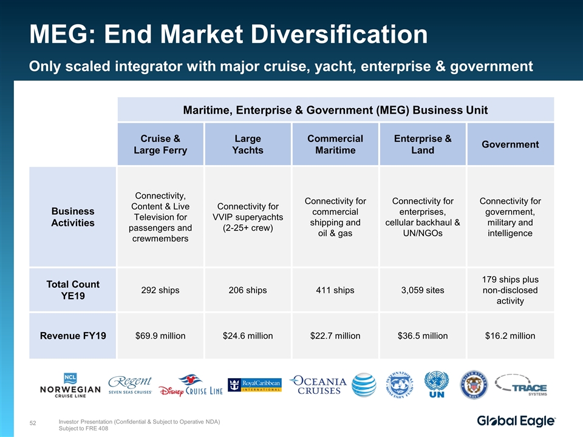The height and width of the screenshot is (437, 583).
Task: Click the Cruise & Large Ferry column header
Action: tap(160, 144)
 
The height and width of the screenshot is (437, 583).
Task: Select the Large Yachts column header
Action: tap(248, 144)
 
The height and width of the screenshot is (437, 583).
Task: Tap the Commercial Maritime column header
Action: tap(335, 144)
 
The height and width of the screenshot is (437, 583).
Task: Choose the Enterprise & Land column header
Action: tap(423, 144)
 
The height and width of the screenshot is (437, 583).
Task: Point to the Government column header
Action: tap(510, 144)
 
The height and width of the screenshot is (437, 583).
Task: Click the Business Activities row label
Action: tap(73, 217)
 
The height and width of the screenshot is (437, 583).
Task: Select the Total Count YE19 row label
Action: tap(73, 290)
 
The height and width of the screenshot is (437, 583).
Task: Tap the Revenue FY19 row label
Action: tap(73, 336)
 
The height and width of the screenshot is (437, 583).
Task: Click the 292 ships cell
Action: tap(160, 290)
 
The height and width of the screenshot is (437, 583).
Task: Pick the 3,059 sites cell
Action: tap(423, 290)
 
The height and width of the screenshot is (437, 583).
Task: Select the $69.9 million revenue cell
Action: tap(160, 336)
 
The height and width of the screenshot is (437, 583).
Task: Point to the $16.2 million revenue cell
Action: tap(510, 336)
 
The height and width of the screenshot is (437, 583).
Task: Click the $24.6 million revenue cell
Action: tap(248, 336)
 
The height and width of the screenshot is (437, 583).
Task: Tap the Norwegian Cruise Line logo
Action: tap(71, 385)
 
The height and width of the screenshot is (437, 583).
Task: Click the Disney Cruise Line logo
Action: tap(191, 389)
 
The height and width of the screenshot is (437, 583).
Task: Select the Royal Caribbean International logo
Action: tap(255, 385)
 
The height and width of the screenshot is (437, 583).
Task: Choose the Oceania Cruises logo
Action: tap(318, 385)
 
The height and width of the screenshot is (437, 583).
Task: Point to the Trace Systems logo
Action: tap(521, 385)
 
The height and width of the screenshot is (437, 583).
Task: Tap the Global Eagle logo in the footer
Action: tap(516, 421)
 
